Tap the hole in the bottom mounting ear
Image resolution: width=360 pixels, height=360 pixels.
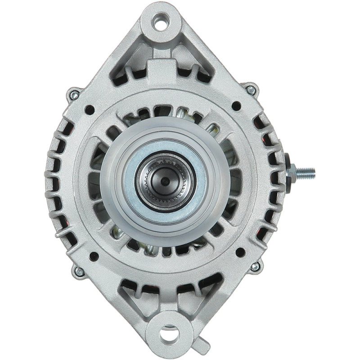169,335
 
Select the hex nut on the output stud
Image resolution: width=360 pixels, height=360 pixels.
292,171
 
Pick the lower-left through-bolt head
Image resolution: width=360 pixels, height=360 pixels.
79,271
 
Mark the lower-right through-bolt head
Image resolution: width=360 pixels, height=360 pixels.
255,266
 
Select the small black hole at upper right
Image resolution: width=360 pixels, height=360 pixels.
236,106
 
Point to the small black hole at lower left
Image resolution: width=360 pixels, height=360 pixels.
94,256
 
